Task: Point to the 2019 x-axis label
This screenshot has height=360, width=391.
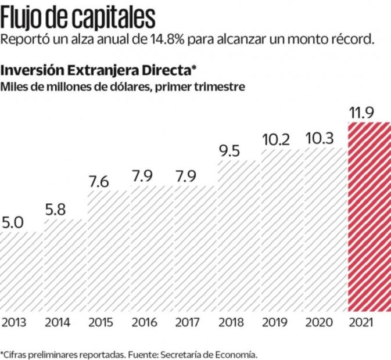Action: pos(274,322)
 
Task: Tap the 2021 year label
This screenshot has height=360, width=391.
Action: pos(361,322)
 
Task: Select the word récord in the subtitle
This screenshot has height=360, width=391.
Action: pos(351,41)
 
